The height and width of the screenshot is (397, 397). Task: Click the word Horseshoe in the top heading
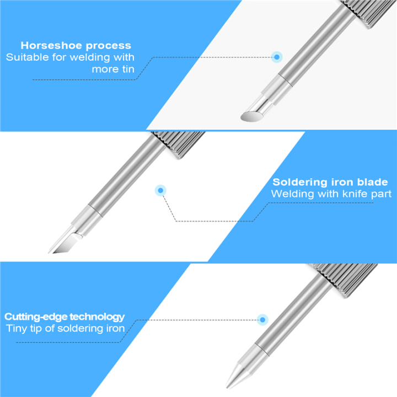point(51,46)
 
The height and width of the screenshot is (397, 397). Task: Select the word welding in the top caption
point(90,57)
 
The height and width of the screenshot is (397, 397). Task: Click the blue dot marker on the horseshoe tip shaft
point(277,57)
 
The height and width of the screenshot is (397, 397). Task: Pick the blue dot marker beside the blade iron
point(160,190)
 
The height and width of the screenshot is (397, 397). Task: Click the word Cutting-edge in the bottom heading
point(36,316)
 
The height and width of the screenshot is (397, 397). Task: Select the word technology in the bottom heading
point(97,317)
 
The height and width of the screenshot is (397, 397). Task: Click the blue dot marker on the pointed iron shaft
point(262,320)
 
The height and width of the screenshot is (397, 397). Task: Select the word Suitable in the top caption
point(28,57)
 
